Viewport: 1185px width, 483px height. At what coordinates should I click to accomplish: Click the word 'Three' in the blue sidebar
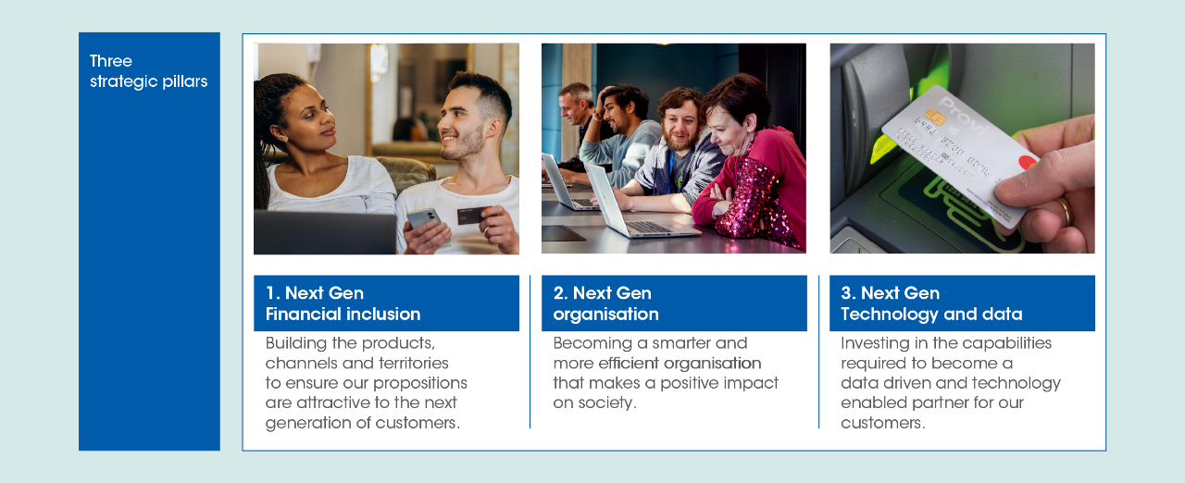110,61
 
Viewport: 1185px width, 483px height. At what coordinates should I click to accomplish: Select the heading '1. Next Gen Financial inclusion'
343,303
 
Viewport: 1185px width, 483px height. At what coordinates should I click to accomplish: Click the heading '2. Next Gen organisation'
605,303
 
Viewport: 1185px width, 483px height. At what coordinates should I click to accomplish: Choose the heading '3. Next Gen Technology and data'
931,303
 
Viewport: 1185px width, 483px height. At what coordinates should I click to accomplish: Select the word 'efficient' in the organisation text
629,363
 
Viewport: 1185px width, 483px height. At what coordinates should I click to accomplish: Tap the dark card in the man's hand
472,215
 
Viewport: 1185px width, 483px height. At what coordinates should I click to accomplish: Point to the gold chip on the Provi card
935,117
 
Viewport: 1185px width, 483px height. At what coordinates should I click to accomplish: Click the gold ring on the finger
1066,211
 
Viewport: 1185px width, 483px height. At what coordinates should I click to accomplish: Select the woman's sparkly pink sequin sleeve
757,206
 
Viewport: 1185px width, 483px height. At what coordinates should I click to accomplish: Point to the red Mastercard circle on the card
1028,162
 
